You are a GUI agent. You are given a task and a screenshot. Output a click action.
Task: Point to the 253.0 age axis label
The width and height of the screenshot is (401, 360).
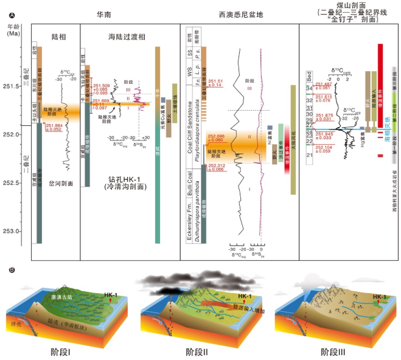(12, 230)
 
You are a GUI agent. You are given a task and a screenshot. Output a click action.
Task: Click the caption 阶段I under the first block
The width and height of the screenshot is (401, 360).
(61, 351)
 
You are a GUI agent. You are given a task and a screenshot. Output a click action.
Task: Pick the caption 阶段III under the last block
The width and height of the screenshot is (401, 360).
(335, 351)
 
